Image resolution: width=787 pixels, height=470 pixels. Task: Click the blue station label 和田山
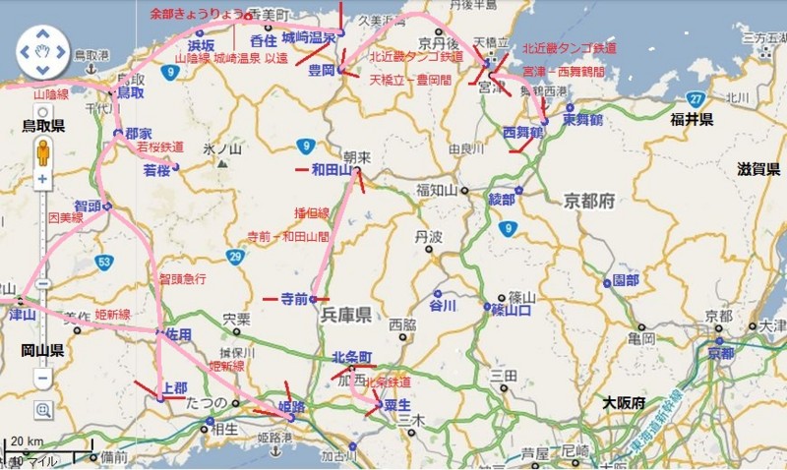pyautogui.click(x=331, y=169)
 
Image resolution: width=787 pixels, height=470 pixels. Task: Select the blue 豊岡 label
pyautogui.click(x=321, y=70)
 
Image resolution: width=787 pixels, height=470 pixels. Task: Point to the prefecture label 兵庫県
pyautogui.click(x=344, y=315)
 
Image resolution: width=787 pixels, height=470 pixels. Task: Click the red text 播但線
pyautogui.click(x=312, y=212)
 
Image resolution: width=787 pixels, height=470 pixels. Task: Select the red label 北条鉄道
pyautogui.click(x=388, y=382)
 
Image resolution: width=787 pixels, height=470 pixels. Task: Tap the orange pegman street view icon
pyautogui.click(x=42, y=152)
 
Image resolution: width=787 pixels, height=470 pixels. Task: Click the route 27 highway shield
pyautogui.click(x=696, y=98)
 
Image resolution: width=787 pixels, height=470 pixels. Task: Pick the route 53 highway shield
pyautogui.click(x=104, y=262)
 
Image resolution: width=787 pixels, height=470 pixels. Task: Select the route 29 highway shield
pyautogui.click(x=234, y=257)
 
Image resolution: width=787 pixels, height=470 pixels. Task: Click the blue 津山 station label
pyautogui.click(x=22, y=315)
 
